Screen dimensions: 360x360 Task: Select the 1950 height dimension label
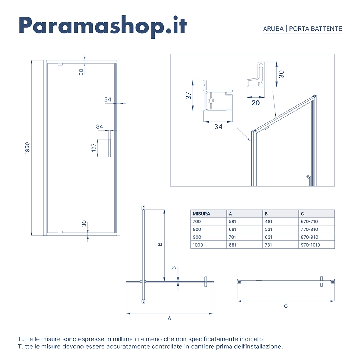[27, 148]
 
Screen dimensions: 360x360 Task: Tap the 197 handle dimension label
[94, 148]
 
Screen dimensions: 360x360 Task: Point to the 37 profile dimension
[188, 96]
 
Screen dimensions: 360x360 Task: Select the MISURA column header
[201, 214]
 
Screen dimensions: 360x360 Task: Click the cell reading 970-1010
[310, 245]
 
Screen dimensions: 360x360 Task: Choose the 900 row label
[197, 237]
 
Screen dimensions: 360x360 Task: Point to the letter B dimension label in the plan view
[160, 244]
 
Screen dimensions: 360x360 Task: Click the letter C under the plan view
[285, 306]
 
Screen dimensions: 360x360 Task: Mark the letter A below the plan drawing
[170, 319]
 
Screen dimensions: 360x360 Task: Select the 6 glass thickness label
[174, 268]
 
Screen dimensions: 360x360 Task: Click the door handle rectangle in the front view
[104, 148]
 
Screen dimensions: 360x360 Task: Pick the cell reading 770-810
[309, 230]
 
